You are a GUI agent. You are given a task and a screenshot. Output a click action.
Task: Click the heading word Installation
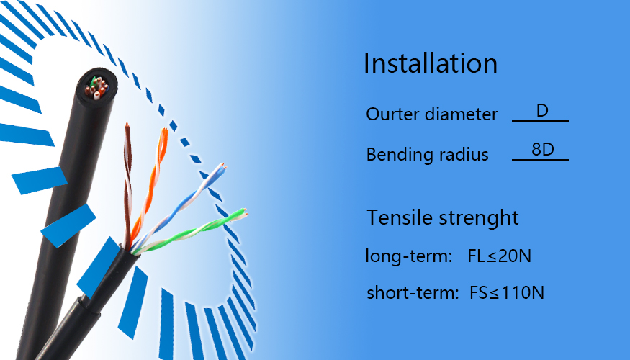pyautogui.click(x=431, y=63)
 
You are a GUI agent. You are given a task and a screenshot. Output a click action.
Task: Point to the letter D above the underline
pyautogui.click(x=542, y=110)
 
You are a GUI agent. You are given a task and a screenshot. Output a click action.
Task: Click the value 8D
pyautogui.click(x=543, y=150)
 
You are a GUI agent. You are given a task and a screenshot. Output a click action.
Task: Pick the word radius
pyautogui.click(x=464, y=154)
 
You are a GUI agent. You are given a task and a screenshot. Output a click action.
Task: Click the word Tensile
pyautogui.click(x=400, y=217)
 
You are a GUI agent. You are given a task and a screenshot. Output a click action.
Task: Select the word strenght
pyautogui.click(x=479, y=218)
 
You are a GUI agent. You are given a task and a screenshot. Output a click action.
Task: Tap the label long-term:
pyautogui.click(x=409, y=256)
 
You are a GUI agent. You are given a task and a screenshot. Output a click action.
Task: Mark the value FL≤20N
pyautogui.click(x=500, y=256)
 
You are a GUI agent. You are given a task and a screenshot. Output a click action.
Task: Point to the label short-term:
pyautogui.click(x=413, y=292)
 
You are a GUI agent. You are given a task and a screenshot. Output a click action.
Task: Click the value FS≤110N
pyautogui.click(x=507, y=292)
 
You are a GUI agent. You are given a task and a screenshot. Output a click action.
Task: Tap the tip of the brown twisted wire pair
pyautogui.click(x=127, y=125)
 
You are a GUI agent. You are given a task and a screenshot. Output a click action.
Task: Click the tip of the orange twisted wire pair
pyautogui.click(x=164, y=130)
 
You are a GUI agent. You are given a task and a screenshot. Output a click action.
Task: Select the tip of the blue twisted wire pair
pyautogui.click(x=222, y=165)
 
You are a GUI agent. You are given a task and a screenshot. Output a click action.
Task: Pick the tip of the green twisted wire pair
pyautogui.click(x=243, y=212)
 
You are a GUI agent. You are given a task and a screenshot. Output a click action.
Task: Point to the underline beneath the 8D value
pyautogui.click(x=541, y=160)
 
